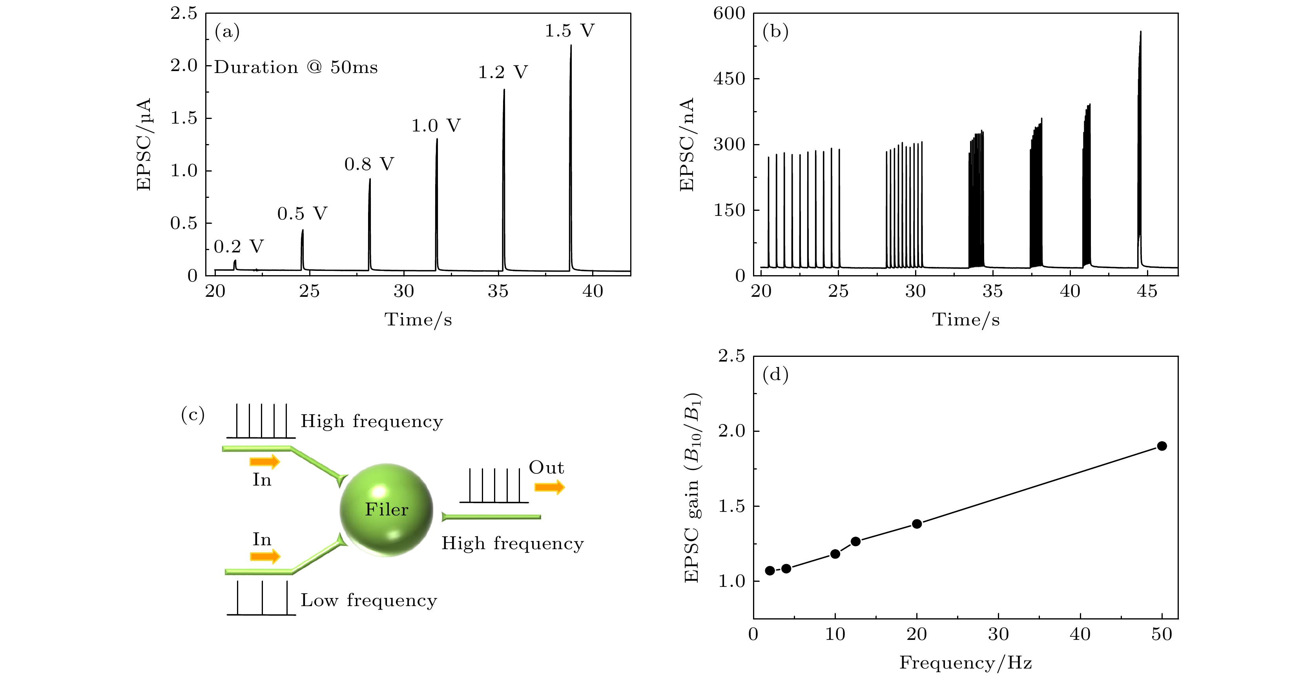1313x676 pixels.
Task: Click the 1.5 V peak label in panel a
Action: coord(569,31)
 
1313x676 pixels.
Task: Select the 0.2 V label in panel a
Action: coord(239,247)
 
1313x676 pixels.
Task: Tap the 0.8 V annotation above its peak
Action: coord(369,164)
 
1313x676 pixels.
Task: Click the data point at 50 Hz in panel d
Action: coord(1162,446)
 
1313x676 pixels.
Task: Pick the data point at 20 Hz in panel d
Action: coord(916,524)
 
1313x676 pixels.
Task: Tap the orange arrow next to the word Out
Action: coord(549,488)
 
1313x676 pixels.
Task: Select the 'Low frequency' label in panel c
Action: coord(368,601)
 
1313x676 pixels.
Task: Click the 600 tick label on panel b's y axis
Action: coord(729,14)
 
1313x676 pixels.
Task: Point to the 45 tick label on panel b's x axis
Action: coord(1147,292)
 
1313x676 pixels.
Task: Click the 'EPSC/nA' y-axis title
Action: coord(687,145)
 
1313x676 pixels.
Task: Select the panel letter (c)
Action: coord(193,415)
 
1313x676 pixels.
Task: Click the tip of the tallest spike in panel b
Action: coord(1140,32)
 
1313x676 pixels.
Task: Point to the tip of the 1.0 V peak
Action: coord(437,139)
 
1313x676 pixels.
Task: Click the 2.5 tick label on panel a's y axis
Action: coord(184,14)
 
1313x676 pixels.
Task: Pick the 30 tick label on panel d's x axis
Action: coord(998,635)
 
